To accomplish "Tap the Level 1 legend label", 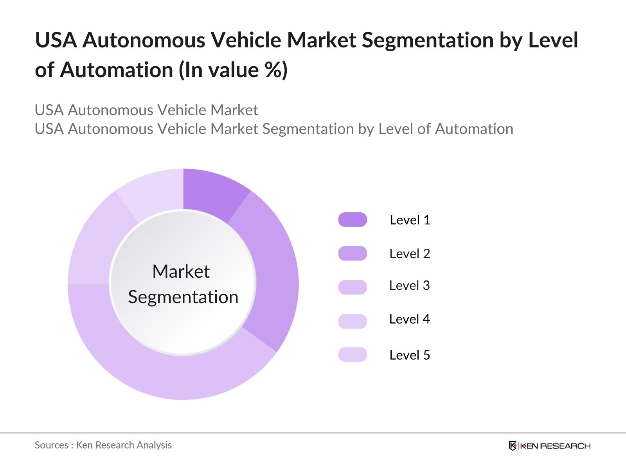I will pos(410,220).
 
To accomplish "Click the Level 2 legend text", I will pos(410,253).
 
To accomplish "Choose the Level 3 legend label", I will pos(409,285).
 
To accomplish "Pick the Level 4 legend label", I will pos(409,319).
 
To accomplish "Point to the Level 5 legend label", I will pos(410,355).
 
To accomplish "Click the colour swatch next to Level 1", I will pos(353,220).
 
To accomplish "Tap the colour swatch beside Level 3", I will pos(353,287).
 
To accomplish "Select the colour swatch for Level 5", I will pos(353,354).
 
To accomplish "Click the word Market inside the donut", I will pos(181,271).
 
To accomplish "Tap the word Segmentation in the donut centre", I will pos(183,297).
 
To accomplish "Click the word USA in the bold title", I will pos(56,40).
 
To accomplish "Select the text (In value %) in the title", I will pos(233,70).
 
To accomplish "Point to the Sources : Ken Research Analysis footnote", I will pos(103,445).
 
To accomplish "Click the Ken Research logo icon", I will pos(513,446).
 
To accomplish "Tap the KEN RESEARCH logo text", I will pos(556,446).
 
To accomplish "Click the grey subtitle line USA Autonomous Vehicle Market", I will pos(146,110).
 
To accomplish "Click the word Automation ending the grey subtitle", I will pos(474,129).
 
